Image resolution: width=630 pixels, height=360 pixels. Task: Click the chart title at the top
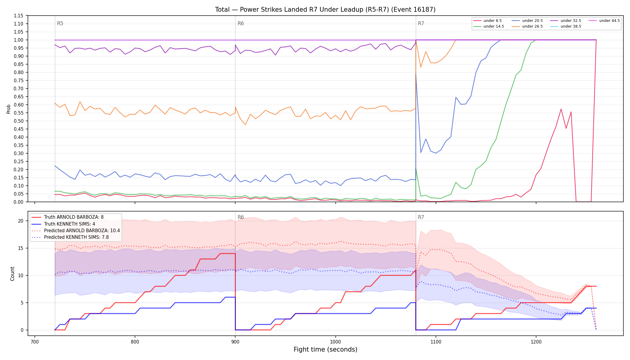click(325, 10)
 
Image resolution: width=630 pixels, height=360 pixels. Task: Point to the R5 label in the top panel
click(60, 23)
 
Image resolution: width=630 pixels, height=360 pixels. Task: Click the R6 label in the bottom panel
click(241, 217)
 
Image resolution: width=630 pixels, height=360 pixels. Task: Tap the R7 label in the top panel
click(421, 23)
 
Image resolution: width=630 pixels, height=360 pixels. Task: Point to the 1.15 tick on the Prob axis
click(18, 16)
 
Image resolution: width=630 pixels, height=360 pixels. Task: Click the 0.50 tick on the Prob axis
click(18, 121)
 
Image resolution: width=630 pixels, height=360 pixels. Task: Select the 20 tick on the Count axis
click(21, 221)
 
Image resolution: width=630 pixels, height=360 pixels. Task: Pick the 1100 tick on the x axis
click(436, 342)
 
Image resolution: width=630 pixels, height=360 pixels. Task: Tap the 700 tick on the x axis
click(35, 342)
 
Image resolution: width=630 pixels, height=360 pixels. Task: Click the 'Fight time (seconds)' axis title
click(325, 349)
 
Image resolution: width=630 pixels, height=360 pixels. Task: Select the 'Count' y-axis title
click(12, 274)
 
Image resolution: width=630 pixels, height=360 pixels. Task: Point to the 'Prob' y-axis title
click(9, 109)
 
